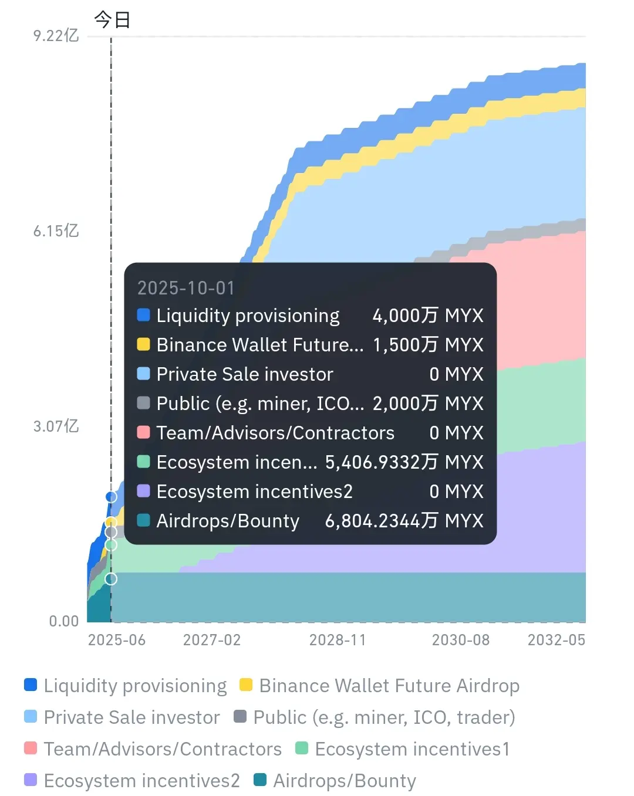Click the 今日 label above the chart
(x=112, y=20)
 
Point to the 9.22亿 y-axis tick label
(x=56, y=36)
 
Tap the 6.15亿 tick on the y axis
(x=56, y=231)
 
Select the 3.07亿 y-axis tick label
(x=56, y=426)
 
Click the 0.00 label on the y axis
(x=63, y=621)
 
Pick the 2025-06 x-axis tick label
(x=117, y=640)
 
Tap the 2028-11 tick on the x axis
(x=338, y=640)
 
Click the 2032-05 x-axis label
(x=556, y=640)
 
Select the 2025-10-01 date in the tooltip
(x=186, y=288)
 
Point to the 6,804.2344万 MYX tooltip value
(x=404, y=521)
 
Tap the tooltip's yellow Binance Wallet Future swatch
(x=144, y=344)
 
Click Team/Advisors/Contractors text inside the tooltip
(x=275, y=433)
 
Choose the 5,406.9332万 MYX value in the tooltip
(x=404, y=462)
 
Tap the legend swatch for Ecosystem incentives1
(x=302, y=748)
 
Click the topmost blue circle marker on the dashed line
(x=111, y=497)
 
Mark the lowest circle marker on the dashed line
(x=111, y=580)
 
